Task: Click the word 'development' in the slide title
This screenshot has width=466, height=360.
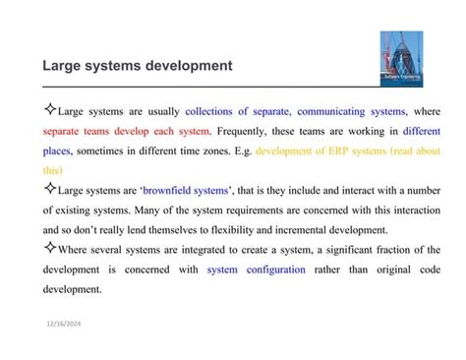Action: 186,67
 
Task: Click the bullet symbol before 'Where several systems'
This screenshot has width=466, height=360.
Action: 49,248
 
